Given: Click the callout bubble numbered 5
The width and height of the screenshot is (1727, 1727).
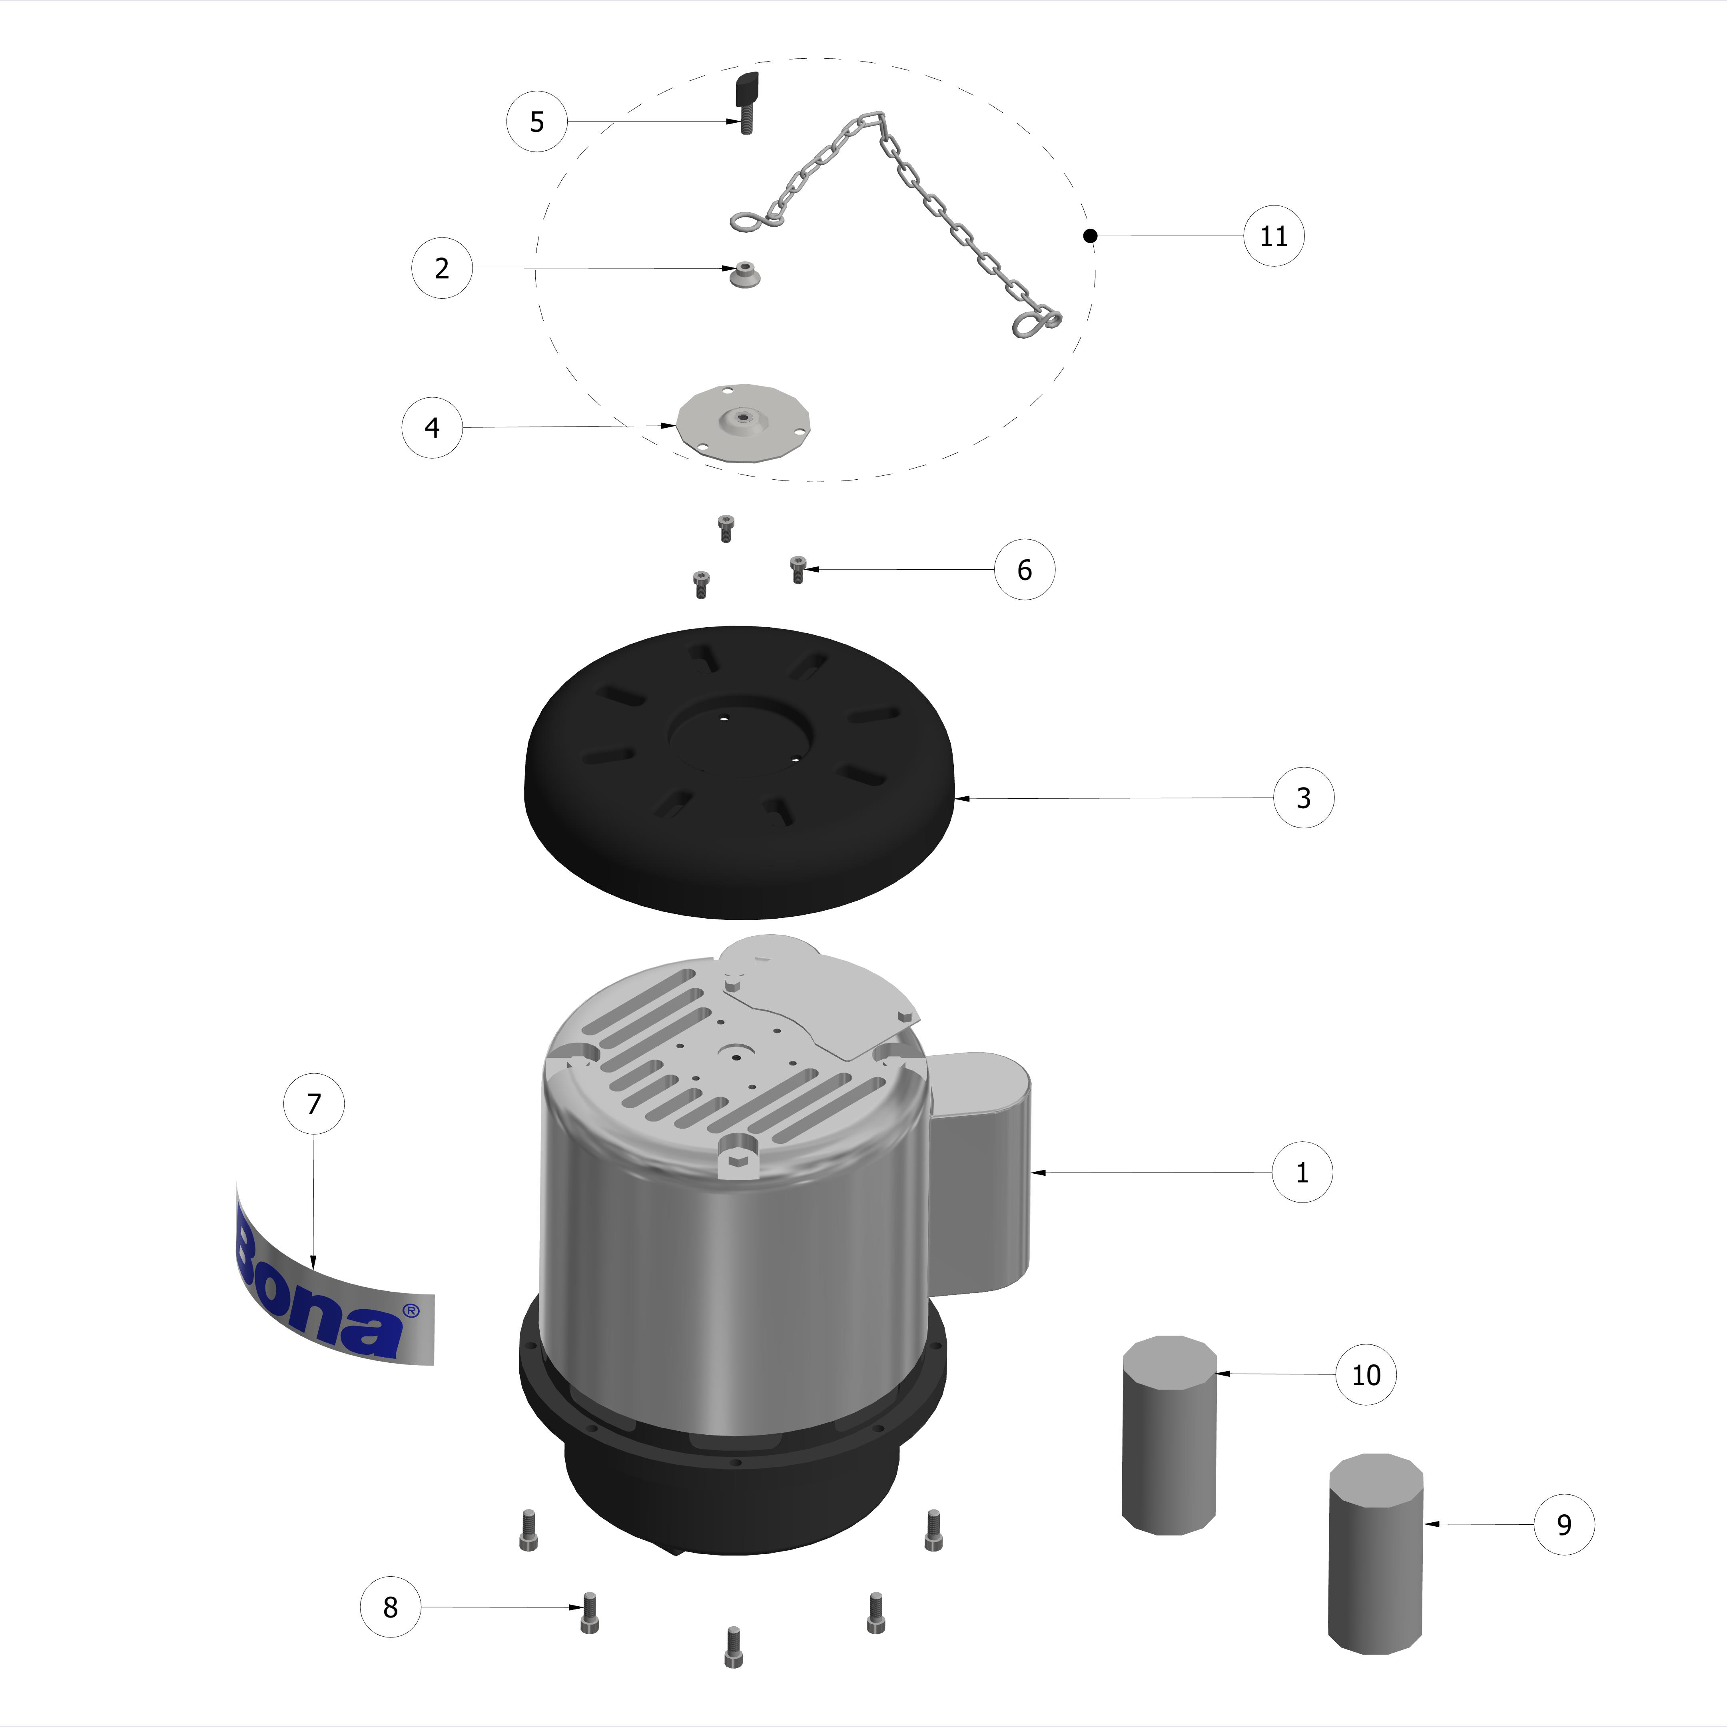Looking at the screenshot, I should pos(536,122).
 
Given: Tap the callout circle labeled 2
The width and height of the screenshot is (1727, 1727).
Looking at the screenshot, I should pos(442,268).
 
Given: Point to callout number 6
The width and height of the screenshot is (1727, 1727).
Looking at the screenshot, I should pos(1024,569).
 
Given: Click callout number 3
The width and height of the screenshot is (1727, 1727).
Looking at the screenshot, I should pos(1303,798).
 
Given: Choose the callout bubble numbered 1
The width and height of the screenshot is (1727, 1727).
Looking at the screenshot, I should pos(1302,1172).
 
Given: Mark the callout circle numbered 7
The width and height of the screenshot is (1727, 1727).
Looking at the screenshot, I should pos(314,1104).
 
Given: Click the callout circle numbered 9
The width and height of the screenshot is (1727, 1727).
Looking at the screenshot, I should pos(1563,1524).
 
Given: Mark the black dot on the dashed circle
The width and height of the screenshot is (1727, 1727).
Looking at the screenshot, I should pos(1090,236).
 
